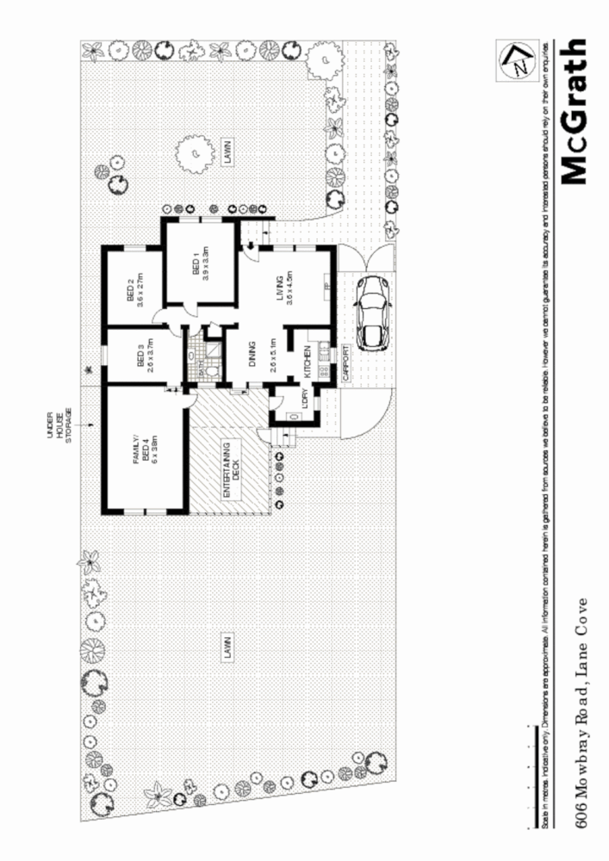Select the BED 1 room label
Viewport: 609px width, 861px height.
199,263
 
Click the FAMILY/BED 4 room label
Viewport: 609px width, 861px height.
148,449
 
